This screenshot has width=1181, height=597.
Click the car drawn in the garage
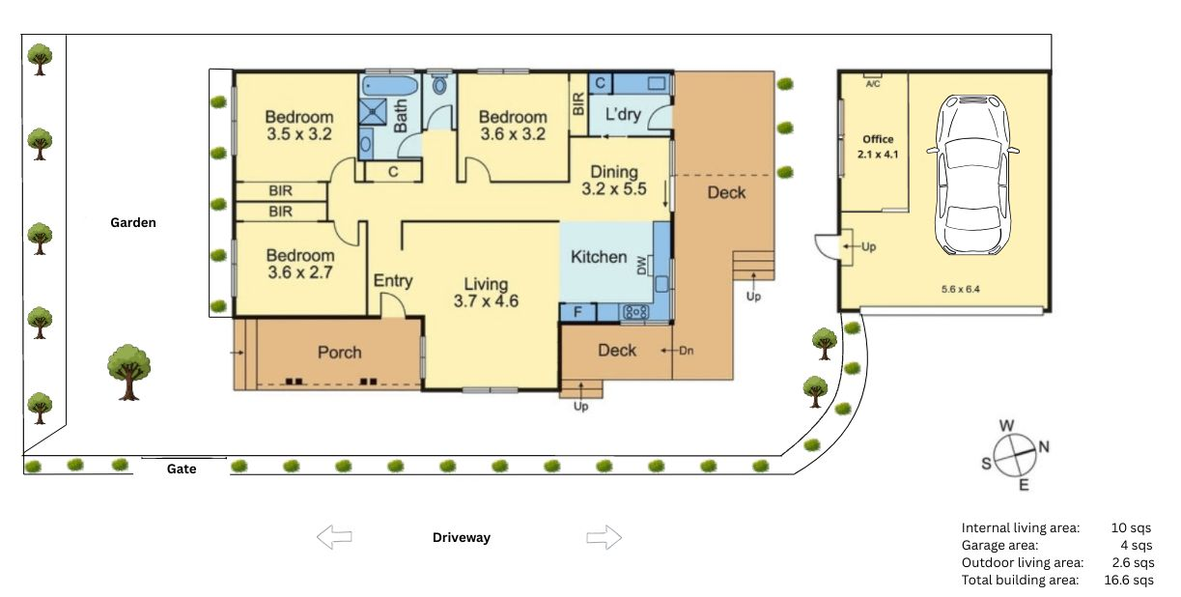pyautogui.click(x=972, y=175)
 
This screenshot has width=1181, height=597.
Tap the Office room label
pyautogui.click(x=878, y=139)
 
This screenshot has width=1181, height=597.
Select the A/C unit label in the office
pyautogui.click(x=873, y=83)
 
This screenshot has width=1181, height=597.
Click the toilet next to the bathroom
pyautogui.click(x=439, y=84)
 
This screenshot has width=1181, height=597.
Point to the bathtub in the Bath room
pyautogui.click(x=390, y=85)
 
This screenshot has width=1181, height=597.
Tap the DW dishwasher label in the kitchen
pyautogui.click(x=641, y=266)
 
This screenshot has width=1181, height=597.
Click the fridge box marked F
pyautogui.click(x=577, y=312)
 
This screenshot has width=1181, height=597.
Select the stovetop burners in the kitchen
pyautogui.click(x=635, y=312)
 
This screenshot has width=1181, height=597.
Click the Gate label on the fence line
pyautogui.click(x=182, y=469)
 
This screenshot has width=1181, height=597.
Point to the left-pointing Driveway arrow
pyautogui.click(x=334, y=537)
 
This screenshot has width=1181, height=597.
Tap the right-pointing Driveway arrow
pyautogui.click(x=605, y=537)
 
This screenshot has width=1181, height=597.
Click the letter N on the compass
pyautogui.click(x=1044, y=446)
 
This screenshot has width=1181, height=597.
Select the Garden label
pyautogui.click(x=133, y=222)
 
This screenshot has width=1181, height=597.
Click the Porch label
pyautogui.click(x=340, y=353)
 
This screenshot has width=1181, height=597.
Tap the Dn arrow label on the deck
pyautogui.click(x=686, y=351)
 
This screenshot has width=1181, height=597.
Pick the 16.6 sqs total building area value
pyautogui.click(x=1129, y=581)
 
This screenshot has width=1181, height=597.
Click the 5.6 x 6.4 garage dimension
pyautogui.click(x=961, y=289)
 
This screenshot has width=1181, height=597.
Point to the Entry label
pyautogui.click(x=393, y=280)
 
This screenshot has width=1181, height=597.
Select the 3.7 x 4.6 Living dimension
pyautogui.click(x=486, y=301)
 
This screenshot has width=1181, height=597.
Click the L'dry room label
pyautogui.click(x=623, y=114)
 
